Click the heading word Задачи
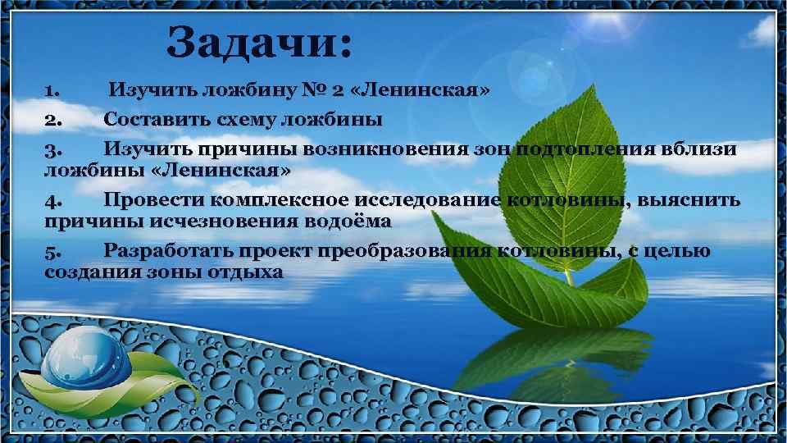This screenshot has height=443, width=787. click(259, 42)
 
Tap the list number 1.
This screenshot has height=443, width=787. click(51, 89)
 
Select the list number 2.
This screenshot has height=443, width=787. click(52, 120)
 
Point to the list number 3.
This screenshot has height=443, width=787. click(52, 150)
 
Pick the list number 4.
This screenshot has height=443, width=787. click(52, 200)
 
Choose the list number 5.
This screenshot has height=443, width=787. click(52, 250)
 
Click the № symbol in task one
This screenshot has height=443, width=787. click(321, 89)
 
